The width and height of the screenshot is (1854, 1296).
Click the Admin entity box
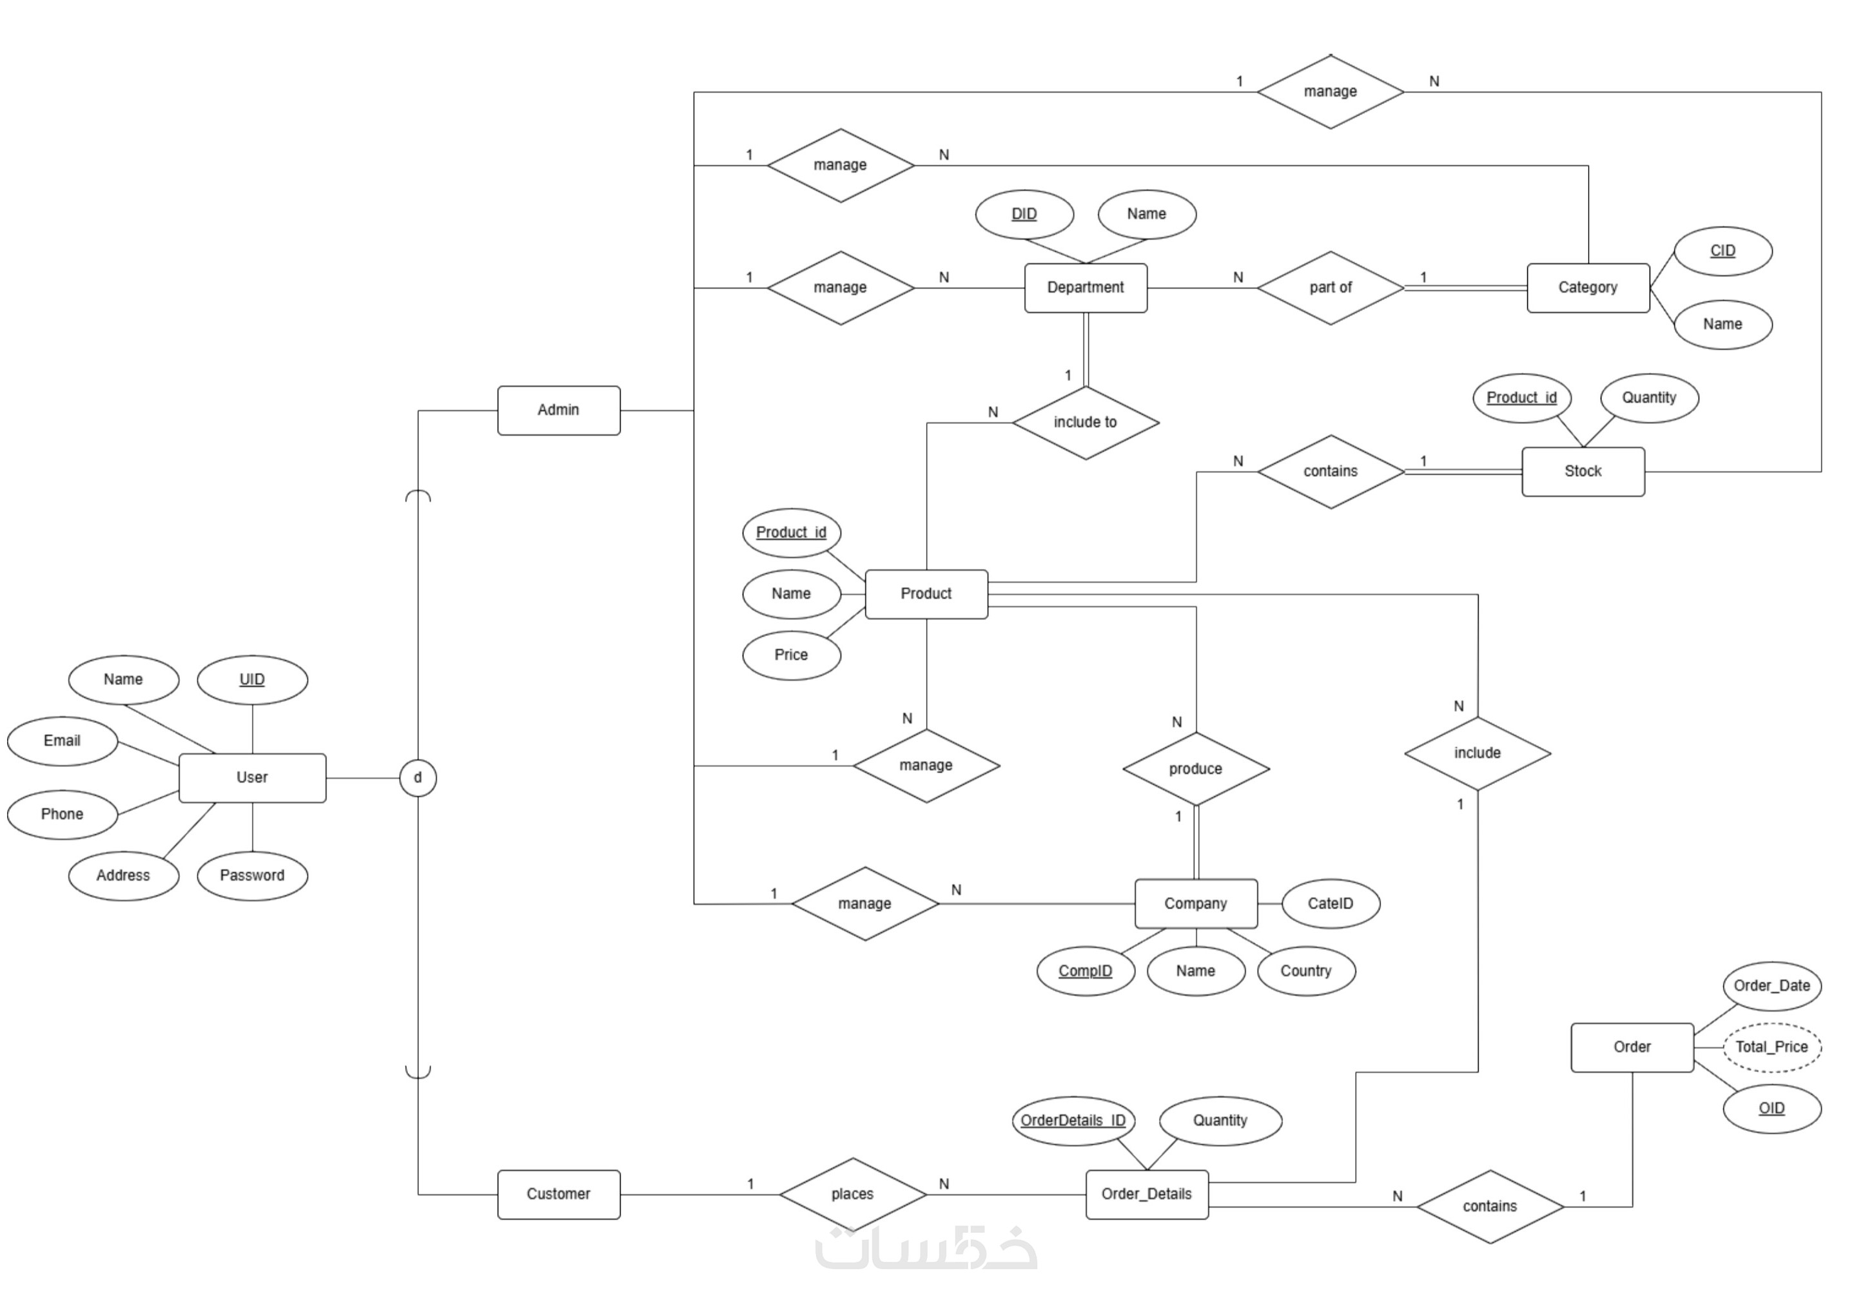pyautogui.click(x=558, y=411)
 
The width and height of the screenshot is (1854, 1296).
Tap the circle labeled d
pyautogui.click(x=418, y=778)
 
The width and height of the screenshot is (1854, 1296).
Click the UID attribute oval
pyautogui.click(x=252, y=679)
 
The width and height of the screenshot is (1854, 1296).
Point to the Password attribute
pyautogui.click(x=252, y=875)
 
